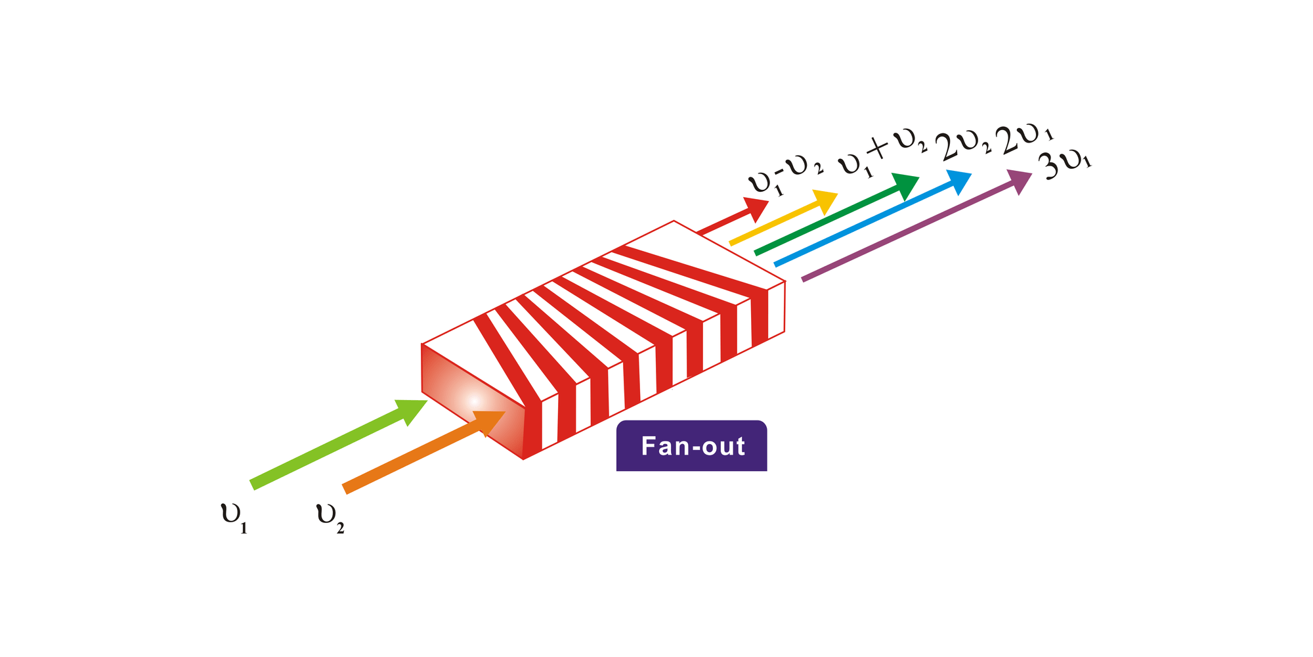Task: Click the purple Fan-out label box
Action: coord(691,446)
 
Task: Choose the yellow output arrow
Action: coord(781,219)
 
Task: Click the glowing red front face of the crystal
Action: coord(473,401)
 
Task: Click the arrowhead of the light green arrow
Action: coord(411,411)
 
